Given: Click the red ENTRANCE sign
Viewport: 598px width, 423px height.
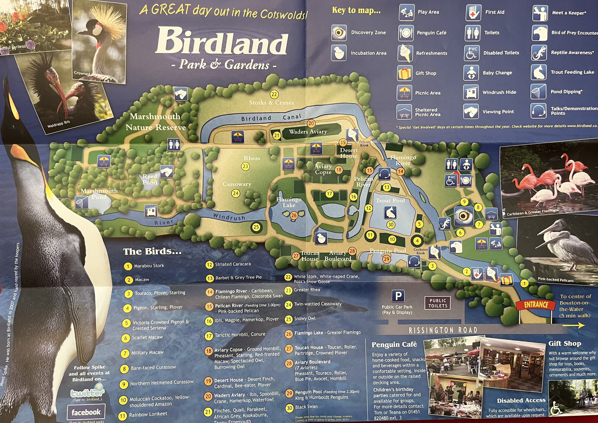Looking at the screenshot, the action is coord(536,305).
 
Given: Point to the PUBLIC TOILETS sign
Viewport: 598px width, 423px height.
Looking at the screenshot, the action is coord(438,303).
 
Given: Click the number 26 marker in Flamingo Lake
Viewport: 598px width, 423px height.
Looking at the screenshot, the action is coord(294,215).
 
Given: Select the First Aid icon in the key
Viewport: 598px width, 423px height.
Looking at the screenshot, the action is coord(473,13).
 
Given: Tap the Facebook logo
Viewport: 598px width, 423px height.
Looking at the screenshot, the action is coord(86,412).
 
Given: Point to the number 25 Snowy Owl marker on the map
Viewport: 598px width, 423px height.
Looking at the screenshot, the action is coord(256,227).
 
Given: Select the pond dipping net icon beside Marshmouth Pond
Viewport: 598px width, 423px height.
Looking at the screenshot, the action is coord(82,202).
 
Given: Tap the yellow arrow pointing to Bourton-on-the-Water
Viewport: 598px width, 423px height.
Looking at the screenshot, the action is coord(574,325).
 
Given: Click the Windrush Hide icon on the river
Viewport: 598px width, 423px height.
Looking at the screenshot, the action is coord(151,211).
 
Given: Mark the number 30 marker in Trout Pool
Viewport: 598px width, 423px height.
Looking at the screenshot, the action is coord(391,225).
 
